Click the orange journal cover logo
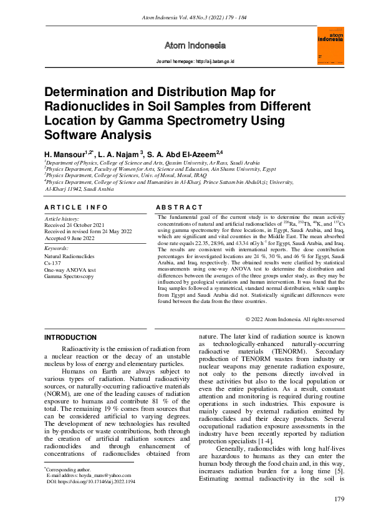tap(332, 45)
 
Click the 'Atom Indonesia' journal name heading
tap(194, 46)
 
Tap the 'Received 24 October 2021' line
tap(74, 225)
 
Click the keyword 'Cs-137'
tap(52, 263)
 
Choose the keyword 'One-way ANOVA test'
tap(69, 269)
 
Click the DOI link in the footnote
tap(94, 481)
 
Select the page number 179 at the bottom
tap(339, 499)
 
